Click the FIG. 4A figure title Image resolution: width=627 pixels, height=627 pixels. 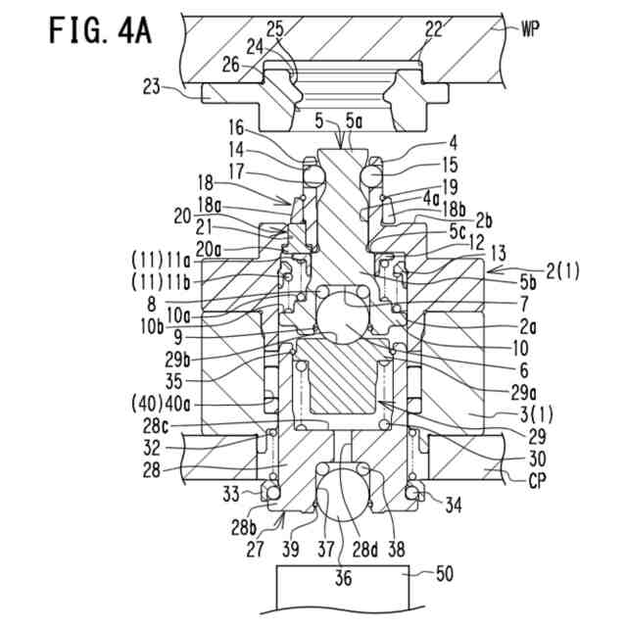100,30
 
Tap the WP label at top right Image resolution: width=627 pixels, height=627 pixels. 530,28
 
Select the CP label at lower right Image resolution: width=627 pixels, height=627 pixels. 537,480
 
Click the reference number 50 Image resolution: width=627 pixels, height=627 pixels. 444,574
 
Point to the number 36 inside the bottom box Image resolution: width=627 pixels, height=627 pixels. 343,578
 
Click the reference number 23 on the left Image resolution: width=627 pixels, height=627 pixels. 152,86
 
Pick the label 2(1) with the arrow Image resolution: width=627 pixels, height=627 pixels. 562,272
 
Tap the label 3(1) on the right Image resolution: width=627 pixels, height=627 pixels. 537,414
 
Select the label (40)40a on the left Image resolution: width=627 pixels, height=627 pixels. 161,404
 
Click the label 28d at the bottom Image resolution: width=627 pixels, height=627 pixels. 365,549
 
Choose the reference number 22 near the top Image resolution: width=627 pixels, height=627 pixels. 434,29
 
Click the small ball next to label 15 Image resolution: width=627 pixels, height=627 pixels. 370,176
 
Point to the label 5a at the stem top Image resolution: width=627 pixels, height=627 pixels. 354,121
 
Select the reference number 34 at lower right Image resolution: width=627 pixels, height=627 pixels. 453,506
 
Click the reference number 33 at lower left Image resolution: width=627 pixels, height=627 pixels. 231,494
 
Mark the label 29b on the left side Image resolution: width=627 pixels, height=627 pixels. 177,361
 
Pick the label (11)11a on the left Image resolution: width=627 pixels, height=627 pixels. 161,262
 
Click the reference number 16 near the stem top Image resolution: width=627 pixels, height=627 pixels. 236,128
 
